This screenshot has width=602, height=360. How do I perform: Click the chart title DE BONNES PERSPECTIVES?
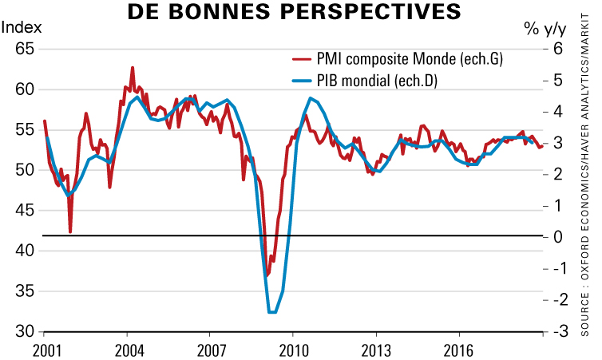click(x=295, y=12)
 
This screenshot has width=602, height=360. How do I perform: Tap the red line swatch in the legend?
click(x=301, y=59)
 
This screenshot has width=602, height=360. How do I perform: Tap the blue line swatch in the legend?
click(x=301, y=81)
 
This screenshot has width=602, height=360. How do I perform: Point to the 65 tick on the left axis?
click(x=24, y=49)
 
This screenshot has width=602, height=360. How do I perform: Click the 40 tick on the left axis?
click(x=24, y=251)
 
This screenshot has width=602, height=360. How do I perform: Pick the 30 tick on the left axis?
click(x=24, y=331)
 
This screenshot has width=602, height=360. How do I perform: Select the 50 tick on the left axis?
click(x=24, y=170)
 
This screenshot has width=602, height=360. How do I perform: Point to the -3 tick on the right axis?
click(x=556, y=331)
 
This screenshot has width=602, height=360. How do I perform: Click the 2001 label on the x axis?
click(x=47, y=350)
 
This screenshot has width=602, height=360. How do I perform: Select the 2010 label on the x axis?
click(x=293, y=350)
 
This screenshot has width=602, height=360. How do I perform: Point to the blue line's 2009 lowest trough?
click(x=271, y=312)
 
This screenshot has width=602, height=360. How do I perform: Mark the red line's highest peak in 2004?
click(x=132, y=68)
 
